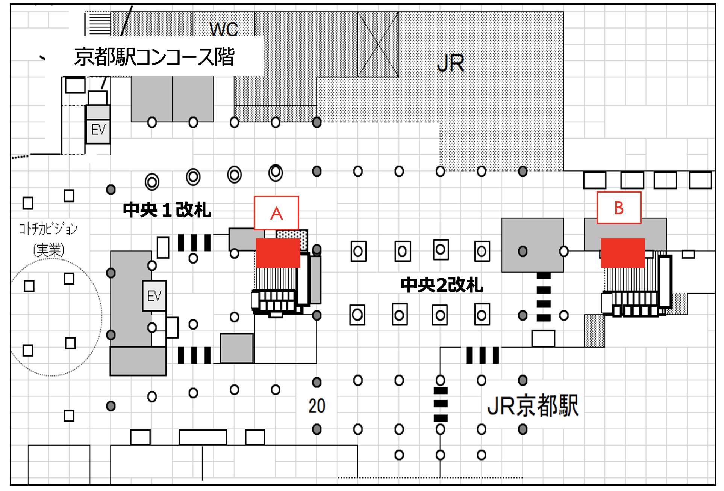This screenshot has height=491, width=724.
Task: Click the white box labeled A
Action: [276, 213]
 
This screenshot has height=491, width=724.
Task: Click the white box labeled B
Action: [619, 208]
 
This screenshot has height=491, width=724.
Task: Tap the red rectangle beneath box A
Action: [278, 253]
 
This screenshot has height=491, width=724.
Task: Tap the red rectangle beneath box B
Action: [623, 253]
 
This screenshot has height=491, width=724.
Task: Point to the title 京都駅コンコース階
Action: [154, 57]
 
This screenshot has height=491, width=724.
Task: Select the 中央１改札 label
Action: [167, 209]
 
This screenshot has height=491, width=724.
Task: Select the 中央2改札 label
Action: [442, 285]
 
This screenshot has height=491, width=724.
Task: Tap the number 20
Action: [317, 406]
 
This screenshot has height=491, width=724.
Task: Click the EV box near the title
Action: [98, 130]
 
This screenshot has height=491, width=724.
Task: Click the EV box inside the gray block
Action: [154, 296]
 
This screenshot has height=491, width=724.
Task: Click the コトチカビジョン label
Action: [48, 228]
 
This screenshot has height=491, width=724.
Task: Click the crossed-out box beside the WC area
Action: [378, 44]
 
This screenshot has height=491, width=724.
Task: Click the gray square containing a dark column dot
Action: [532, 245]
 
